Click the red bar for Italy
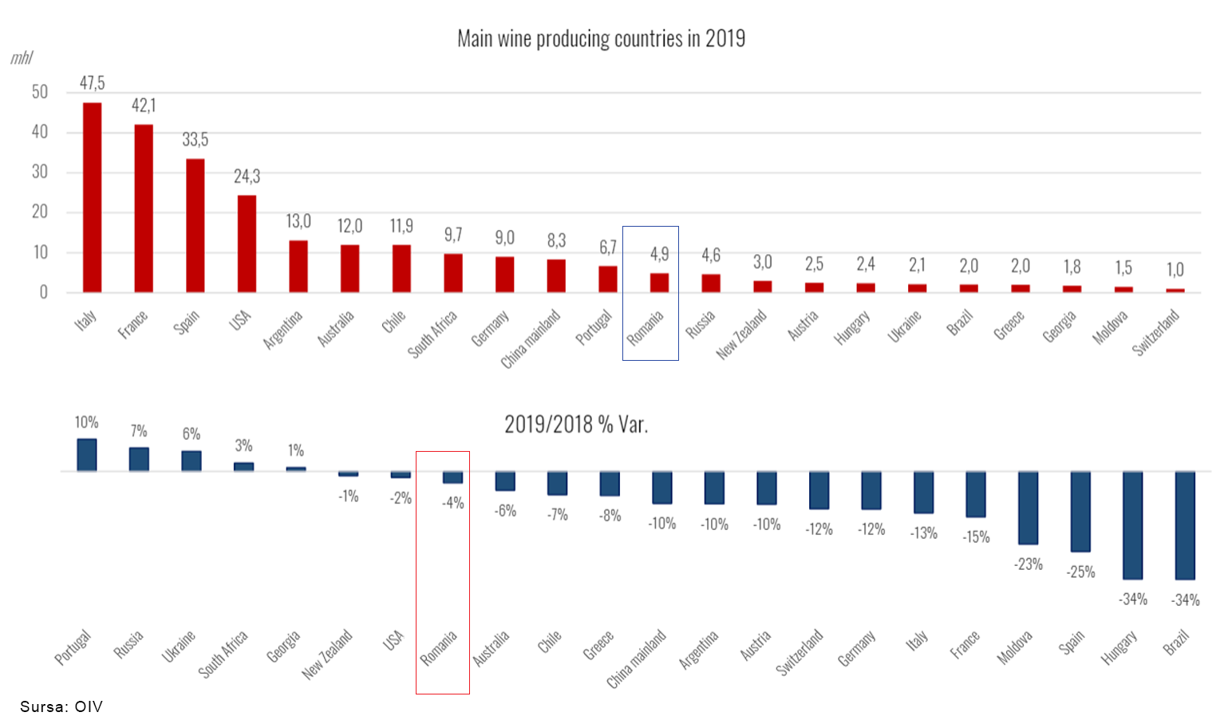pos(93,197)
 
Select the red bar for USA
pos(247,243)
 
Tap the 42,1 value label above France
pos(144,105)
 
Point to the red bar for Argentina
pos(298,266)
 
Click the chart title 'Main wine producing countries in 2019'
pos(601,38)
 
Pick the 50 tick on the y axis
pos(40,92)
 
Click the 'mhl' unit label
pos(22,58)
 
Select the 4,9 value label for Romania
pos(659,254)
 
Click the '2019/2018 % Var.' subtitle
pos(575,425)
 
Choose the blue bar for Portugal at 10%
pos(87,455)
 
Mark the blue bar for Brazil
pos(1185,525)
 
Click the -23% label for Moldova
pos(1029,564)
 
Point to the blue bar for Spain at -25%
pos(1080,512)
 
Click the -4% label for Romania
pos(452,503)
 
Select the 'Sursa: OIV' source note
pos(61,706)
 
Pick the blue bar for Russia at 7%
pos(139,459)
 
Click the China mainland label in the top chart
pos(530,339)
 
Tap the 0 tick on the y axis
pos(44,292)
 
